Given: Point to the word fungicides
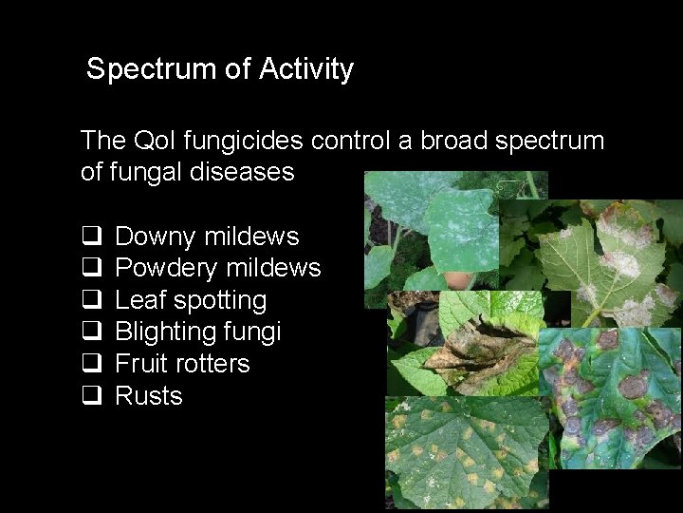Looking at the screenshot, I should tap(245, 141).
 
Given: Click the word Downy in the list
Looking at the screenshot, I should tap(153, 237).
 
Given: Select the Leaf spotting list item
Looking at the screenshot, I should tap(191, 300).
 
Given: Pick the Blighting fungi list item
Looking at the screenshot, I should tap(197, 332).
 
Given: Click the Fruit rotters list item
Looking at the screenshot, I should tap(182, 364).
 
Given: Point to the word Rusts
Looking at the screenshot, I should tap(149, 396).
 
